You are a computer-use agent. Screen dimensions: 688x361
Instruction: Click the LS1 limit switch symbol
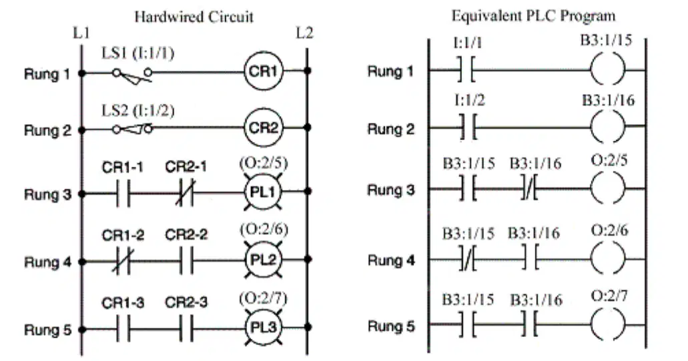pos(132,75)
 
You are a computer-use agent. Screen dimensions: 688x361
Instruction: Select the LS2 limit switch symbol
pos(132,129)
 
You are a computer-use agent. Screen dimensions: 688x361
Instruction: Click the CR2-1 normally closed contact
pos(186,193)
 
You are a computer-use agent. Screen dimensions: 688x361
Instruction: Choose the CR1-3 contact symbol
pos(123,329)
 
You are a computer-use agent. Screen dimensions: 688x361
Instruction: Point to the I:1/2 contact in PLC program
pos(469,127)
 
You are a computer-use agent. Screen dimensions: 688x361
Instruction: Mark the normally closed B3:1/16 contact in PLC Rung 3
pos(530,189)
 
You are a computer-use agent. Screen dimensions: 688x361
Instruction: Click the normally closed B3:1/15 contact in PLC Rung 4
pos(468,260)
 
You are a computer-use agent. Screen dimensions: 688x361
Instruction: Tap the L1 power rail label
pos(81,33)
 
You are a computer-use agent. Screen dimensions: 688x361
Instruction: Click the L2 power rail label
pos(304,33)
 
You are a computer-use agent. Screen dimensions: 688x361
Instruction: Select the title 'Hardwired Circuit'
pos(194,17)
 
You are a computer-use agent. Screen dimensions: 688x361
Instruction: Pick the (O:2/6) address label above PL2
pos(264,230)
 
